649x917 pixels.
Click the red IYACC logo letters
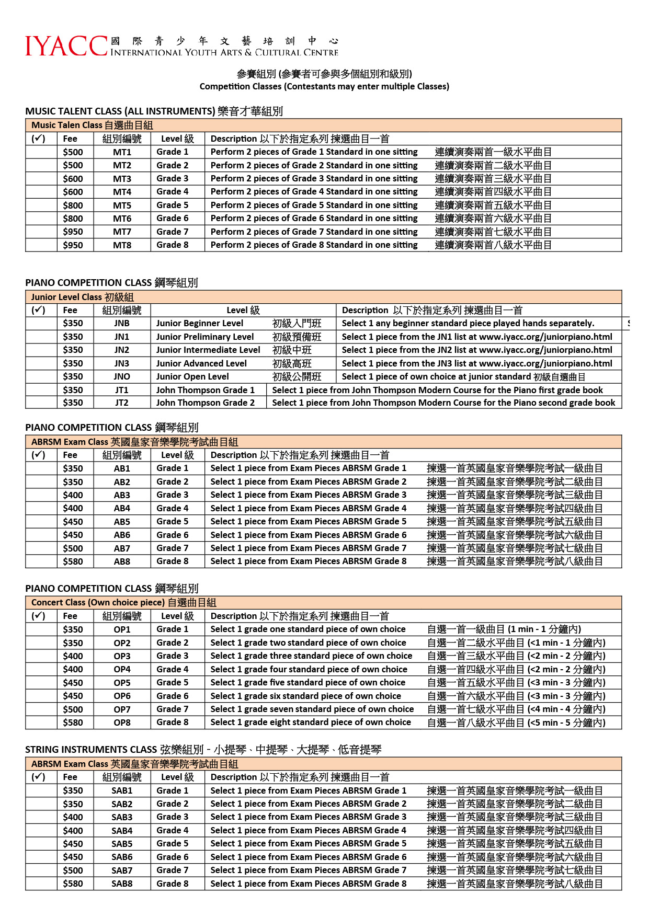pos(66,46)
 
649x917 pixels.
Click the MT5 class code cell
pos(122,205)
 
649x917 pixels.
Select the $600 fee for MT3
pos(73,179)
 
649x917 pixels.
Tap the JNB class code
pos(122,324)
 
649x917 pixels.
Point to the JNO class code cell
pos(122,376)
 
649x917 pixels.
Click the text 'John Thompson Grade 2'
pos(205,403)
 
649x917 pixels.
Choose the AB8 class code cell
pos(122,561)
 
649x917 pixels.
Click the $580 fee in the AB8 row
pos(73,561)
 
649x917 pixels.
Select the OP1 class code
pos(122,629)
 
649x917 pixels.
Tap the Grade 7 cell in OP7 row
pos(172,709)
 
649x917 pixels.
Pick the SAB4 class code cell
pos(122,831)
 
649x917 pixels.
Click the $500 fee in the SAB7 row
pos(73,870)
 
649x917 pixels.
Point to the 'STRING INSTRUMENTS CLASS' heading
pos(91,750)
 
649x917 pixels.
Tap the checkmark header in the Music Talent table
pos(38,139)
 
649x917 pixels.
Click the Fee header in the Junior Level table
pos(70,310)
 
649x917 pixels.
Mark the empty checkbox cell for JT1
pos(41,390)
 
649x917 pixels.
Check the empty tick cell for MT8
pos(41,245)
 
